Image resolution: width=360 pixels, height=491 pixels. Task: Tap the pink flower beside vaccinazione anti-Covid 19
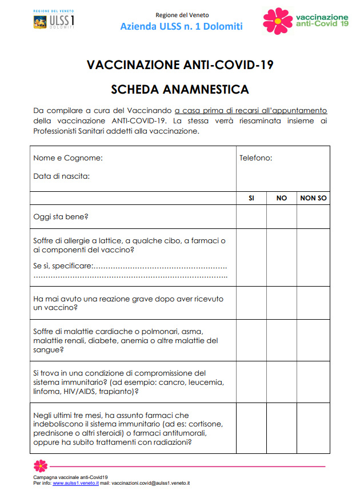pyautogui.click(x=277, y=21)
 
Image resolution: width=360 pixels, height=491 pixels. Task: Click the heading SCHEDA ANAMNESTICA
pyautogui.click(x=180, y=89)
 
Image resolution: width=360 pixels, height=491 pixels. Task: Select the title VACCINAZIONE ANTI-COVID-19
pyautogui.click(x=180, y=65)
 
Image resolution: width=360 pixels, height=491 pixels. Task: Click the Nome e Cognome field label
pyautogui.click(x=68, y=158)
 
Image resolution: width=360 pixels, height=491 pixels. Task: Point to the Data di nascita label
pyautogui.click(x=61, y=176)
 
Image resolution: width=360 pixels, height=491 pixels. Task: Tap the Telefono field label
pyautogui.click(x=255, y=158)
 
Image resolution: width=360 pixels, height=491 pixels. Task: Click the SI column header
pyautogui.click(x=251, y=198)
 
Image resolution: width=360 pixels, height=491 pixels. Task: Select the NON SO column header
pyautogui.click(x=313, y=198)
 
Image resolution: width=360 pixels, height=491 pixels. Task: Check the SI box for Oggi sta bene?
pyautogui.click(x=251, y=216)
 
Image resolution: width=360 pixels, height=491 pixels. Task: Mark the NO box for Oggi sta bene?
pyautogui.click(x=281, y=216)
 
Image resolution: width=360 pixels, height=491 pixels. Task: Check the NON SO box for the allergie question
pyautogui.click(x=313, y=257)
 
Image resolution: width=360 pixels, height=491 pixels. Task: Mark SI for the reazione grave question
pyautogui.click(x=251, y=303)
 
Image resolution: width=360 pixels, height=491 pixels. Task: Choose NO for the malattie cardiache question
pyautogui.click(x=281, y=340)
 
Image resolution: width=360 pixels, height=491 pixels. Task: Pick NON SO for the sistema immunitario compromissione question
pyautogui.click(x=313, y=381)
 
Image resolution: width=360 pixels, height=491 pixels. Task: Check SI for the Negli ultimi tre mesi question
pyautogui.click(x=251, y=428)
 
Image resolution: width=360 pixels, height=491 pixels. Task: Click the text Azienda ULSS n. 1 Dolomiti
pyautogui.click(x=181, y=26)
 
